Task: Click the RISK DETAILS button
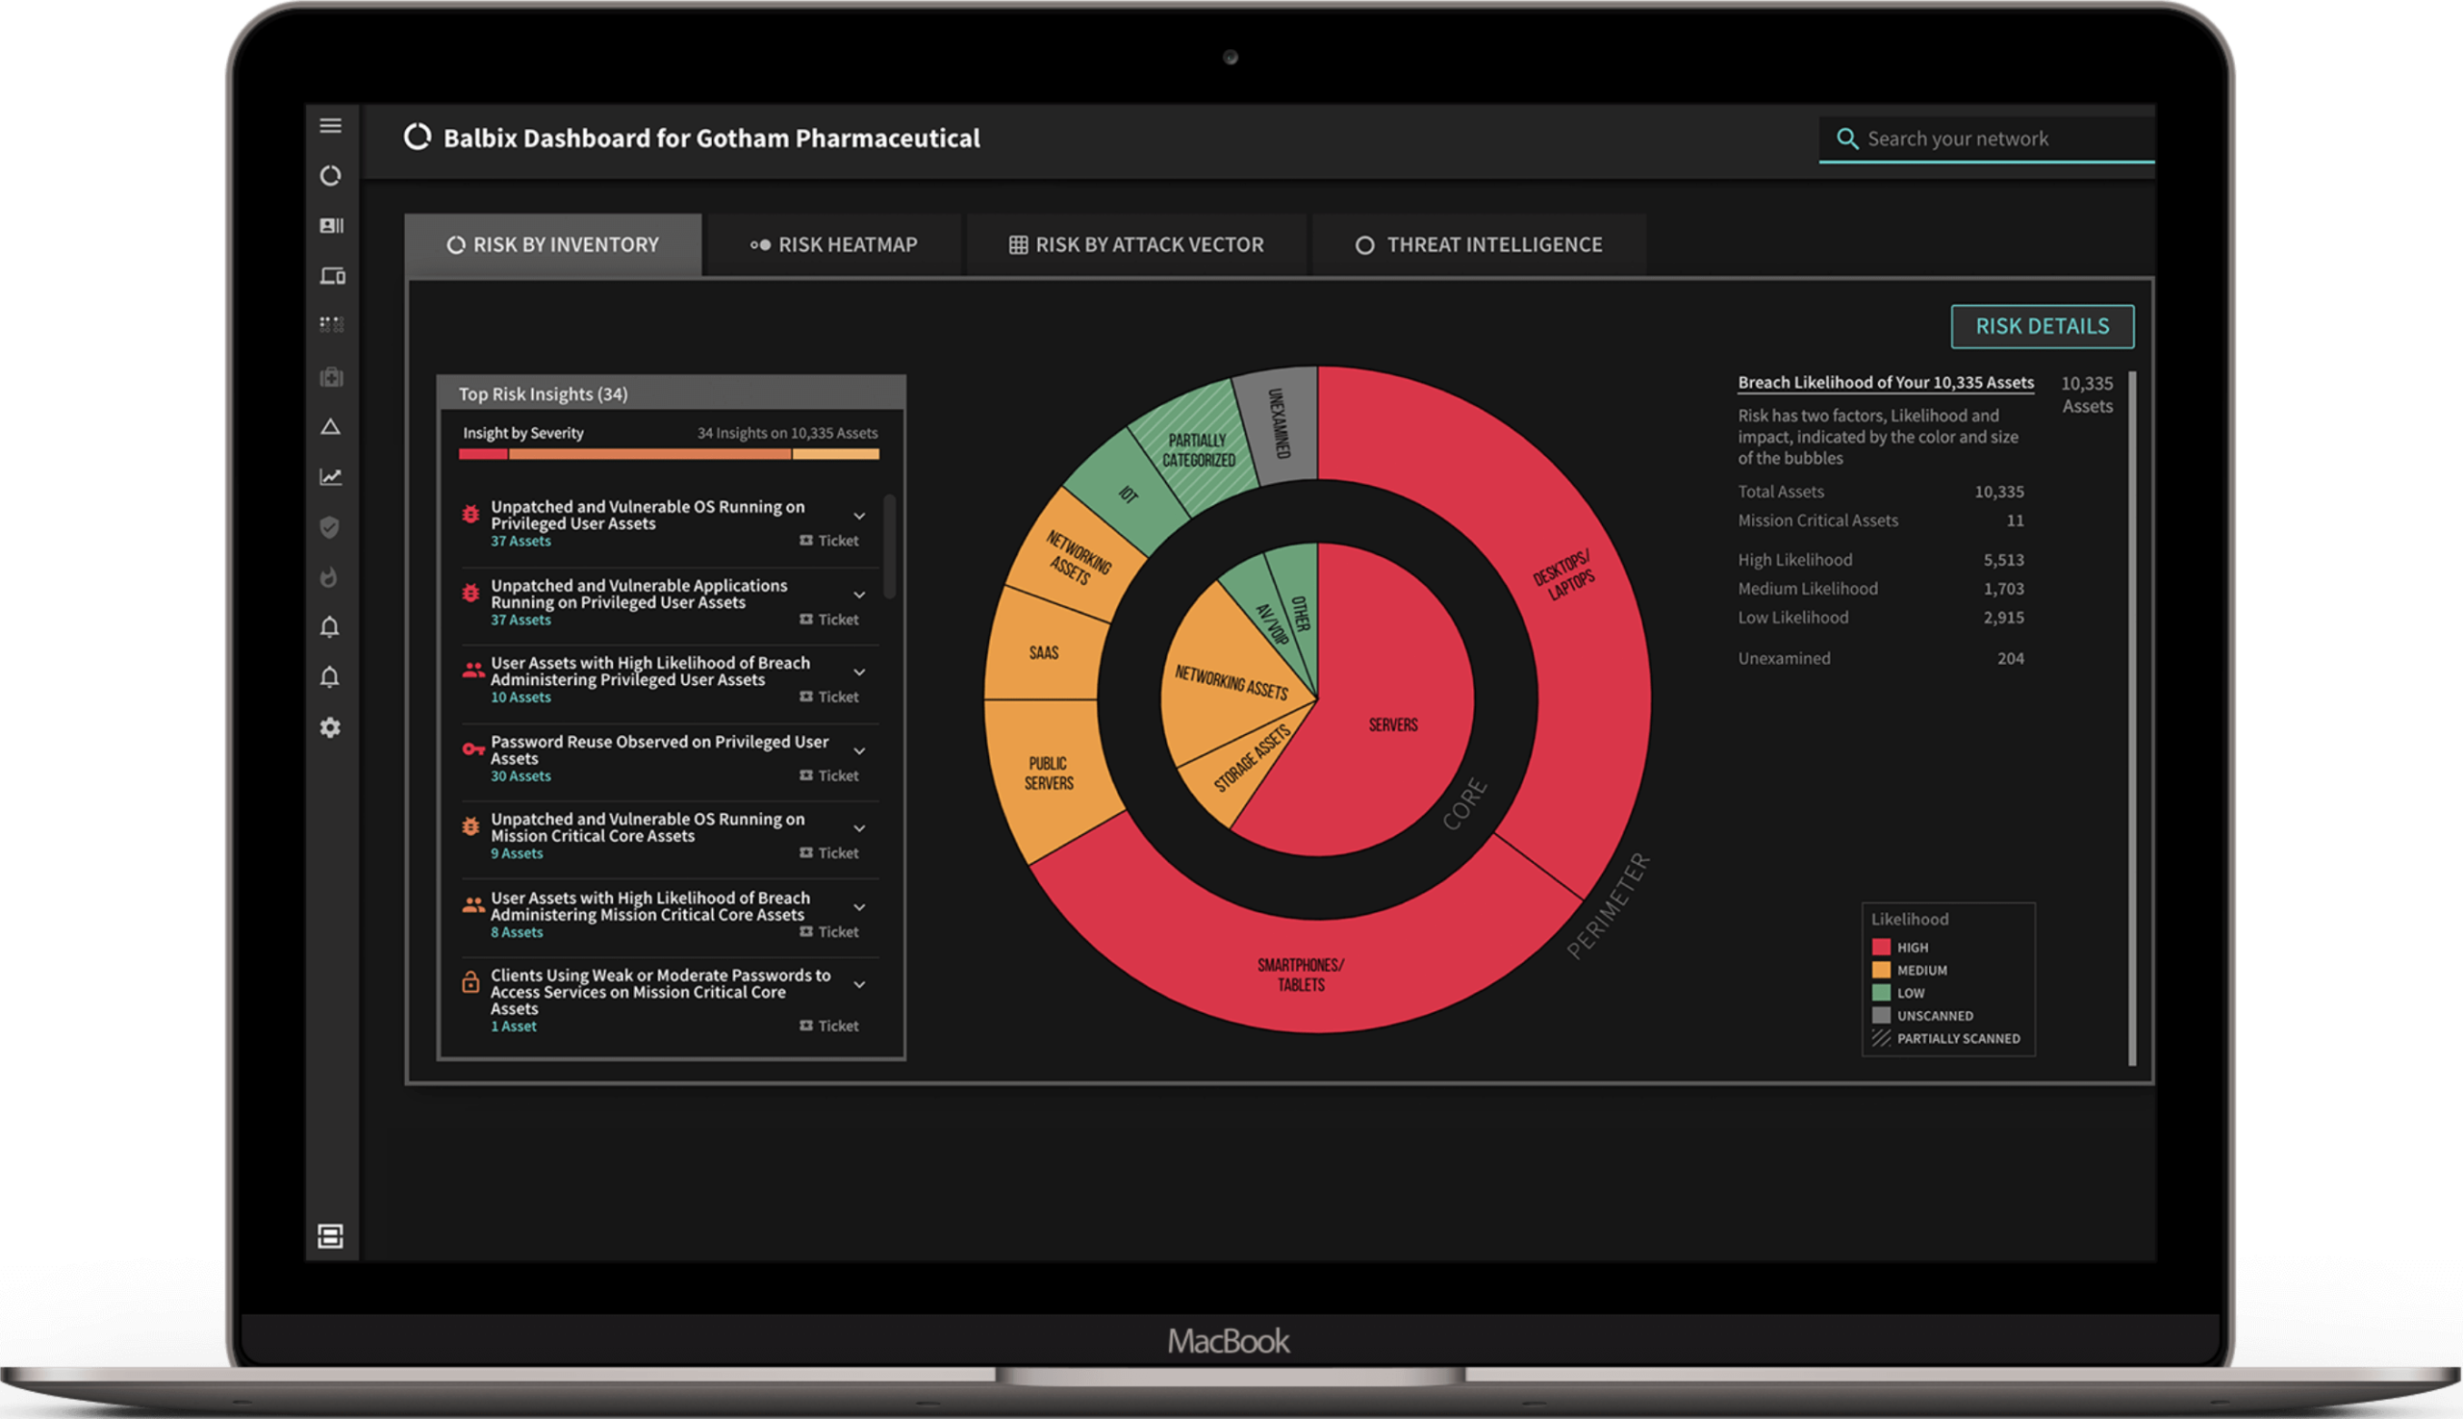pyautogui.click(x=2042, y=326)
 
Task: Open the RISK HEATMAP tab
pyautogui.click(x=834, y=244)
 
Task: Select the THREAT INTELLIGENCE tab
pyautogui.click(x=1479, y=244)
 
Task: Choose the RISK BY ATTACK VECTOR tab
pyautogui.click(x=1136, y=244)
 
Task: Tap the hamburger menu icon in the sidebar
pyautogui.click(x=330, y=126)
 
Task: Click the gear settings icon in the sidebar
pyautogui.click(x=330, y=728)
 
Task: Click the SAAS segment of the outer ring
pyautogui.click(x=1044, y=651)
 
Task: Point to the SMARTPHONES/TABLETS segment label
pyautogui.click(x=1300, y=975)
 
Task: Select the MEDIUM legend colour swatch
pyautogui.click(x=1881, y=970)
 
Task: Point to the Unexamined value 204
pyautogui.click(x=2010, y=659)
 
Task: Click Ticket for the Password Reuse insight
pyautogui.click(x=829, y=775)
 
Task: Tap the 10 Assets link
pyautogui.click(x=521, y=697)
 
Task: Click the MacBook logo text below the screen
pyautogui.click(x=1228, y=1341)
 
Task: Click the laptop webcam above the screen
pyautogui.click(x=1230, y=58)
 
